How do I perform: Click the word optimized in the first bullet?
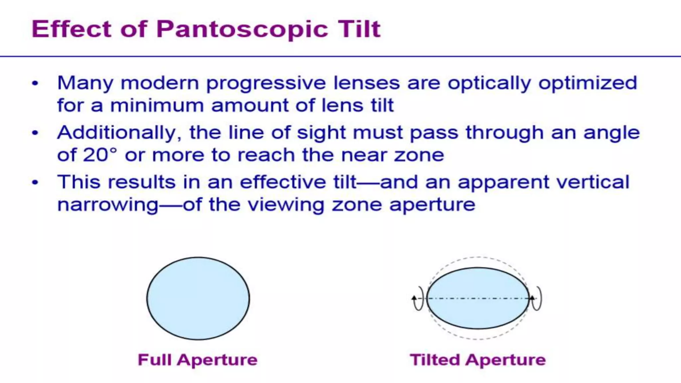[x=588, y=83]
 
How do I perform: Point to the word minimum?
[x=157, y=106]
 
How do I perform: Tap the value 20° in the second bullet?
[x=100, y=155]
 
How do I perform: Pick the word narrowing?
[x=108, y=205]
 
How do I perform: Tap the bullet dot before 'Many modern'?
[x=35, y=83]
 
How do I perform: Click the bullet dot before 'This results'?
[x=35, y=182]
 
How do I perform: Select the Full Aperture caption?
[x=198, y=360]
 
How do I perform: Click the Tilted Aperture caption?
[x=478, y=360]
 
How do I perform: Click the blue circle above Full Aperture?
[x=198, y=298]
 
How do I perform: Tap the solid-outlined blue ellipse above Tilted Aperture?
[x=478, y=313]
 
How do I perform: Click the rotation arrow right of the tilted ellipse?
[x=536, y=298]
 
